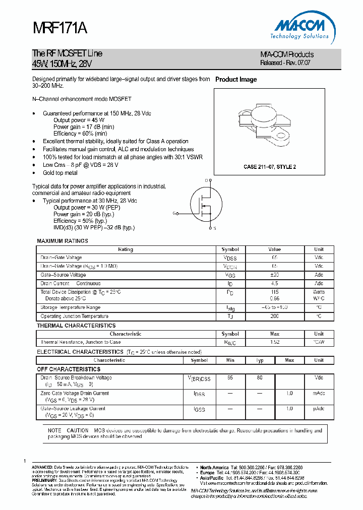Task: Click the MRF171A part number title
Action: pyautogui.click(x=60, y=29)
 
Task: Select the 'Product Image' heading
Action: pyautogui.click(x=236, y=80)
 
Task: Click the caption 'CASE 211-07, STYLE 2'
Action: pyautogui.click(x=270, y=166)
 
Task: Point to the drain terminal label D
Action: pyautogui.click(x=206, y=180)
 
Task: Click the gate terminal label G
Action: pyautogui.click(x=174, y=213)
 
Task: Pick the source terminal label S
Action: pyautogui.click(x=214, y=228)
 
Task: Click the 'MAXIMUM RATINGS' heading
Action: pyautogui.click(x=63, y=241)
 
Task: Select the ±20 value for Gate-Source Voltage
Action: pyautogui.click(x=274, y=275)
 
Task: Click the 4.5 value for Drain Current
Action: pyautogui.click(x=274, y=284)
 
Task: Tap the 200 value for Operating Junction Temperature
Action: pyautogui.click(x=274, y=316)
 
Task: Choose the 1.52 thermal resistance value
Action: pyautogui.click(x=274, y=342)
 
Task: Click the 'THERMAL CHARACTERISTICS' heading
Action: pyautogui.click(x=76, y=326)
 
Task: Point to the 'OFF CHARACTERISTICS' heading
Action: pyautogui.click(x=69, y=369)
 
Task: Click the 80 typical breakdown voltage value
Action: pyautogui.click(x=260, y=377)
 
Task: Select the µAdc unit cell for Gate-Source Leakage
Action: pyautogui.click(x=319, y=409)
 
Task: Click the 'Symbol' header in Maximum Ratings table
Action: pyautogui.click(x=230, y=249)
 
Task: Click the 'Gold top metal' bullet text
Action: pyautogui.click(x=60, y=173)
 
